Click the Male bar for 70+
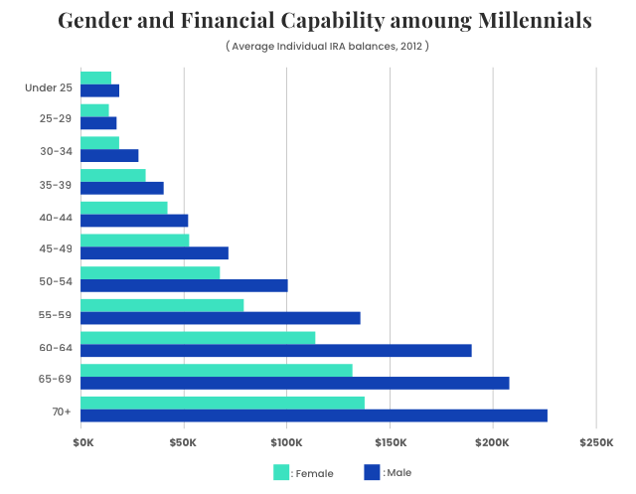pos(313,415)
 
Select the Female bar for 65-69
pos(216,370)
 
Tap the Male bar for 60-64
pos(275,350)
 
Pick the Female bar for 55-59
pos(161,305)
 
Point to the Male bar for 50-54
pos(184,285)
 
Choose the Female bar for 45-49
pos(134,240)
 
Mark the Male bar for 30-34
pos(109,155)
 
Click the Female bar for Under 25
pos(95,78)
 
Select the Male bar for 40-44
pos(134,221)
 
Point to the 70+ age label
pos(61,412)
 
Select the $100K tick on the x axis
pos(286,440)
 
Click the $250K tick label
pos(596,440)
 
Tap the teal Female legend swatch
pos(281,472)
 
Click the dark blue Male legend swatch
pos(373,472)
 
